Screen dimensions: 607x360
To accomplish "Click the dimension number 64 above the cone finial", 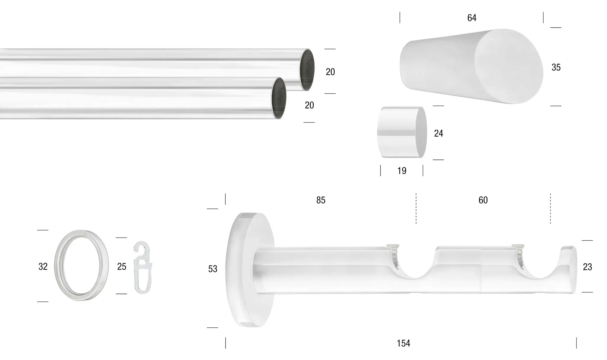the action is [x=472, y=18].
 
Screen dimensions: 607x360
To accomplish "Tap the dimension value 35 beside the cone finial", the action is [x=556, y=68].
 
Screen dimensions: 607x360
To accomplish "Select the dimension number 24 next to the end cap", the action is [x=438, y=133].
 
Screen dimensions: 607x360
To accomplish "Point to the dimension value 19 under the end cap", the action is [x=402, y=171].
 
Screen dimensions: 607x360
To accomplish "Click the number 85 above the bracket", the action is [x=321, y=200].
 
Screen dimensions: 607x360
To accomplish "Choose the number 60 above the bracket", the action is [x=483, y=200].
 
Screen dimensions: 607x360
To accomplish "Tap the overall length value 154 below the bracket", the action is [x=403, y=343].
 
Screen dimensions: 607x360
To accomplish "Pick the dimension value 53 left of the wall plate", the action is [x=213, y=269].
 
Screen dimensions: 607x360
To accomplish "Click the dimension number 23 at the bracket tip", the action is [x=587, y=267].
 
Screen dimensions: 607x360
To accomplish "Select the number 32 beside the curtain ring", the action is [x=43, y=267].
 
